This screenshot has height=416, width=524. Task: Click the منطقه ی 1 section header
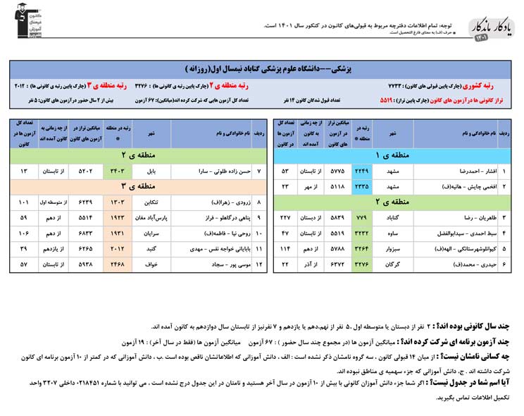pyautogui.click(x=387, y=154)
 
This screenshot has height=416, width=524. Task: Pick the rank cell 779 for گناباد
pyautogui.click(x=362, y=216)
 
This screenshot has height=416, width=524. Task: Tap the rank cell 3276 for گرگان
pyautogui.click(x=362, y=263)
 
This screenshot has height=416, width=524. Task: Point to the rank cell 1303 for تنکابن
pyautogui.click(x=116, y=202)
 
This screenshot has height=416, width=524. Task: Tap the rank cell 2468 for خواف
pyautogui.click(x=116, y=264)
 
